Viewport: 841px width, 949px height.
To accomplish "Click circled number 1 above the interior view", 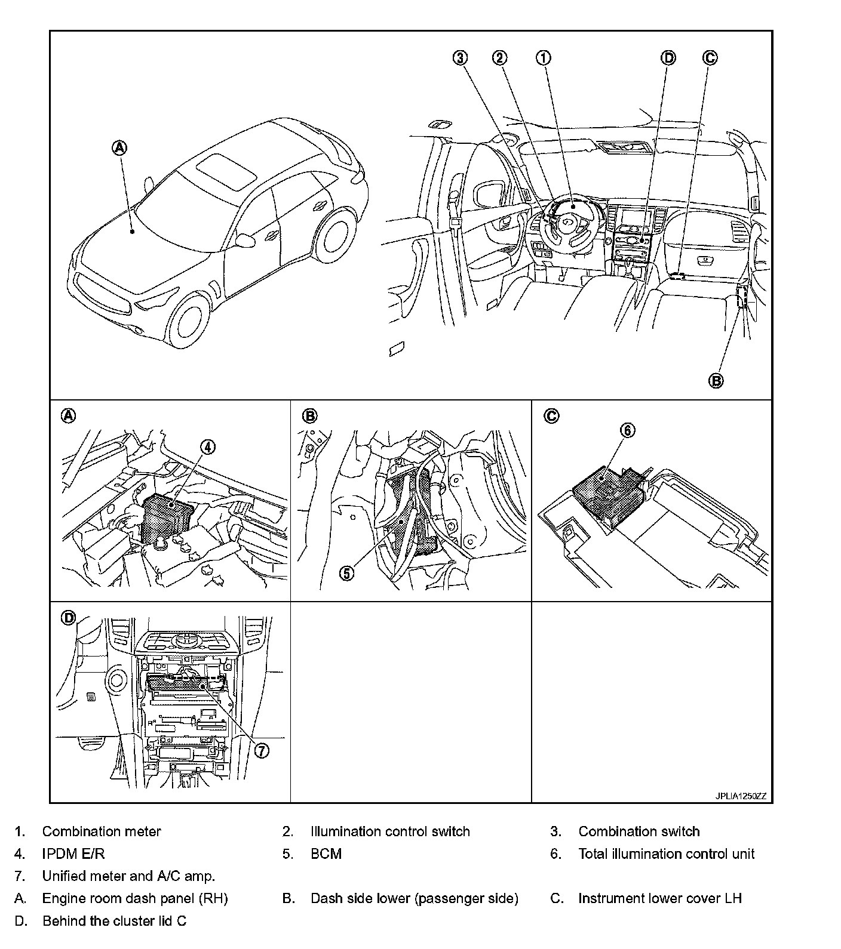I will point(543,57).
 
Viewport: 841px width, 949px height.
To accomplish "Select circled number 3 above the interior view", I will point(459,57).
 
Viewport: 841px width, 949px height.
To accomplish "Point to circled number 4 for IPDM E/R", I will point(207,448).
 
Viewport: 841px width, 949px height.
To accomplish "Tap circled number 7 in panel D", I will point(261,750).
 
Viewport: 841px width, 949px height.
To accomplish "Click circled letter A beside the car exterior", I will point(120,147).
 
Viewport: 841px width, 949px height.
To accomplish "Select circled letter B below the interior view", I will point(716,380).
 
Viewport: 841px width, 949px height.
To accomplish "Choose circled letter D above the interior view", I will point(668,57).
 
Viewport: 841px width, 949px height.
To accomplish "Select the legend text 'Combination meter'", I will point(102,831).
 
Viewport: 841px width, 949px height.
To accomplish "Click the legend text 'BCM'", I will point(326,854).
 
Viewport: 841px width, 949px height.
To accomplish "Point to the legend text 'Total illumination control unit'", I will point(666,854).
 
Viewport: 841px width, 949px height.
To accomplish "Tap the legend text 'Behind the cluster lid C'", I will point(114,921).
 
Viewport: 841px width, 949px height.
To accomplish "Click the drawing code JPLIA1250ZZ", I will point(741,796).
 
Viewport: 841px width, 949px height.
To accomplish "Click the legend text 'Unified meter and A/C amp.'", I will point(128,876).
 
